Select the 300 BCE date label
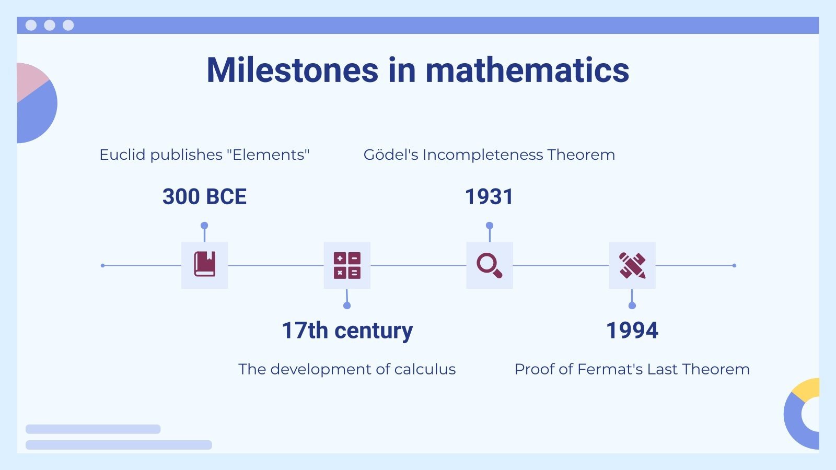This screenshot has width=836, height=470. click(x=204, y=196)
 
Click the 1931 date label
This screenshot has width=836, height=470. click(x=489, y=196)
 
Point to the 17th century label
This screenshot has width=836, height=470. click(x=347, y=331)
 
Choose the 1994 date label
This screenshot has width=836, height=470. click(x=632, y=331)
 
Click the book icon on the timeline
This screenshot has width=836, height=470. click(x=204, y=264)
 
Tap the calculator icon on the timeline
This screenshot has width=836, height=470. click(x=347, y=266)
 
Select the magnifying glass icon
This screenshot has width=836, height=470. click(x=489, y=266)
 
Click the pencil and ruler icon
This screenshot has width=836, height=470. click(x=632, y=266)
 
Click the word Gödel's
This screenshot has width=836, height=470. click(x=391, y=155)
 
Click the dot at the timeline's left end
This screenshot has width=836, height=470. click(x=102, y=266)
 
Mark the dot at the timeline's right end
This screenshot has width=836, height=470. click(x=734, y=266)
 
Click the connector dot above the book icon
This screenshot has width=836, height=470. click(x=204, y=226)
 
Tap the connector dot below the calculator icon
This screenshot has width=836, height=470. click(x=347, y=305)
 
